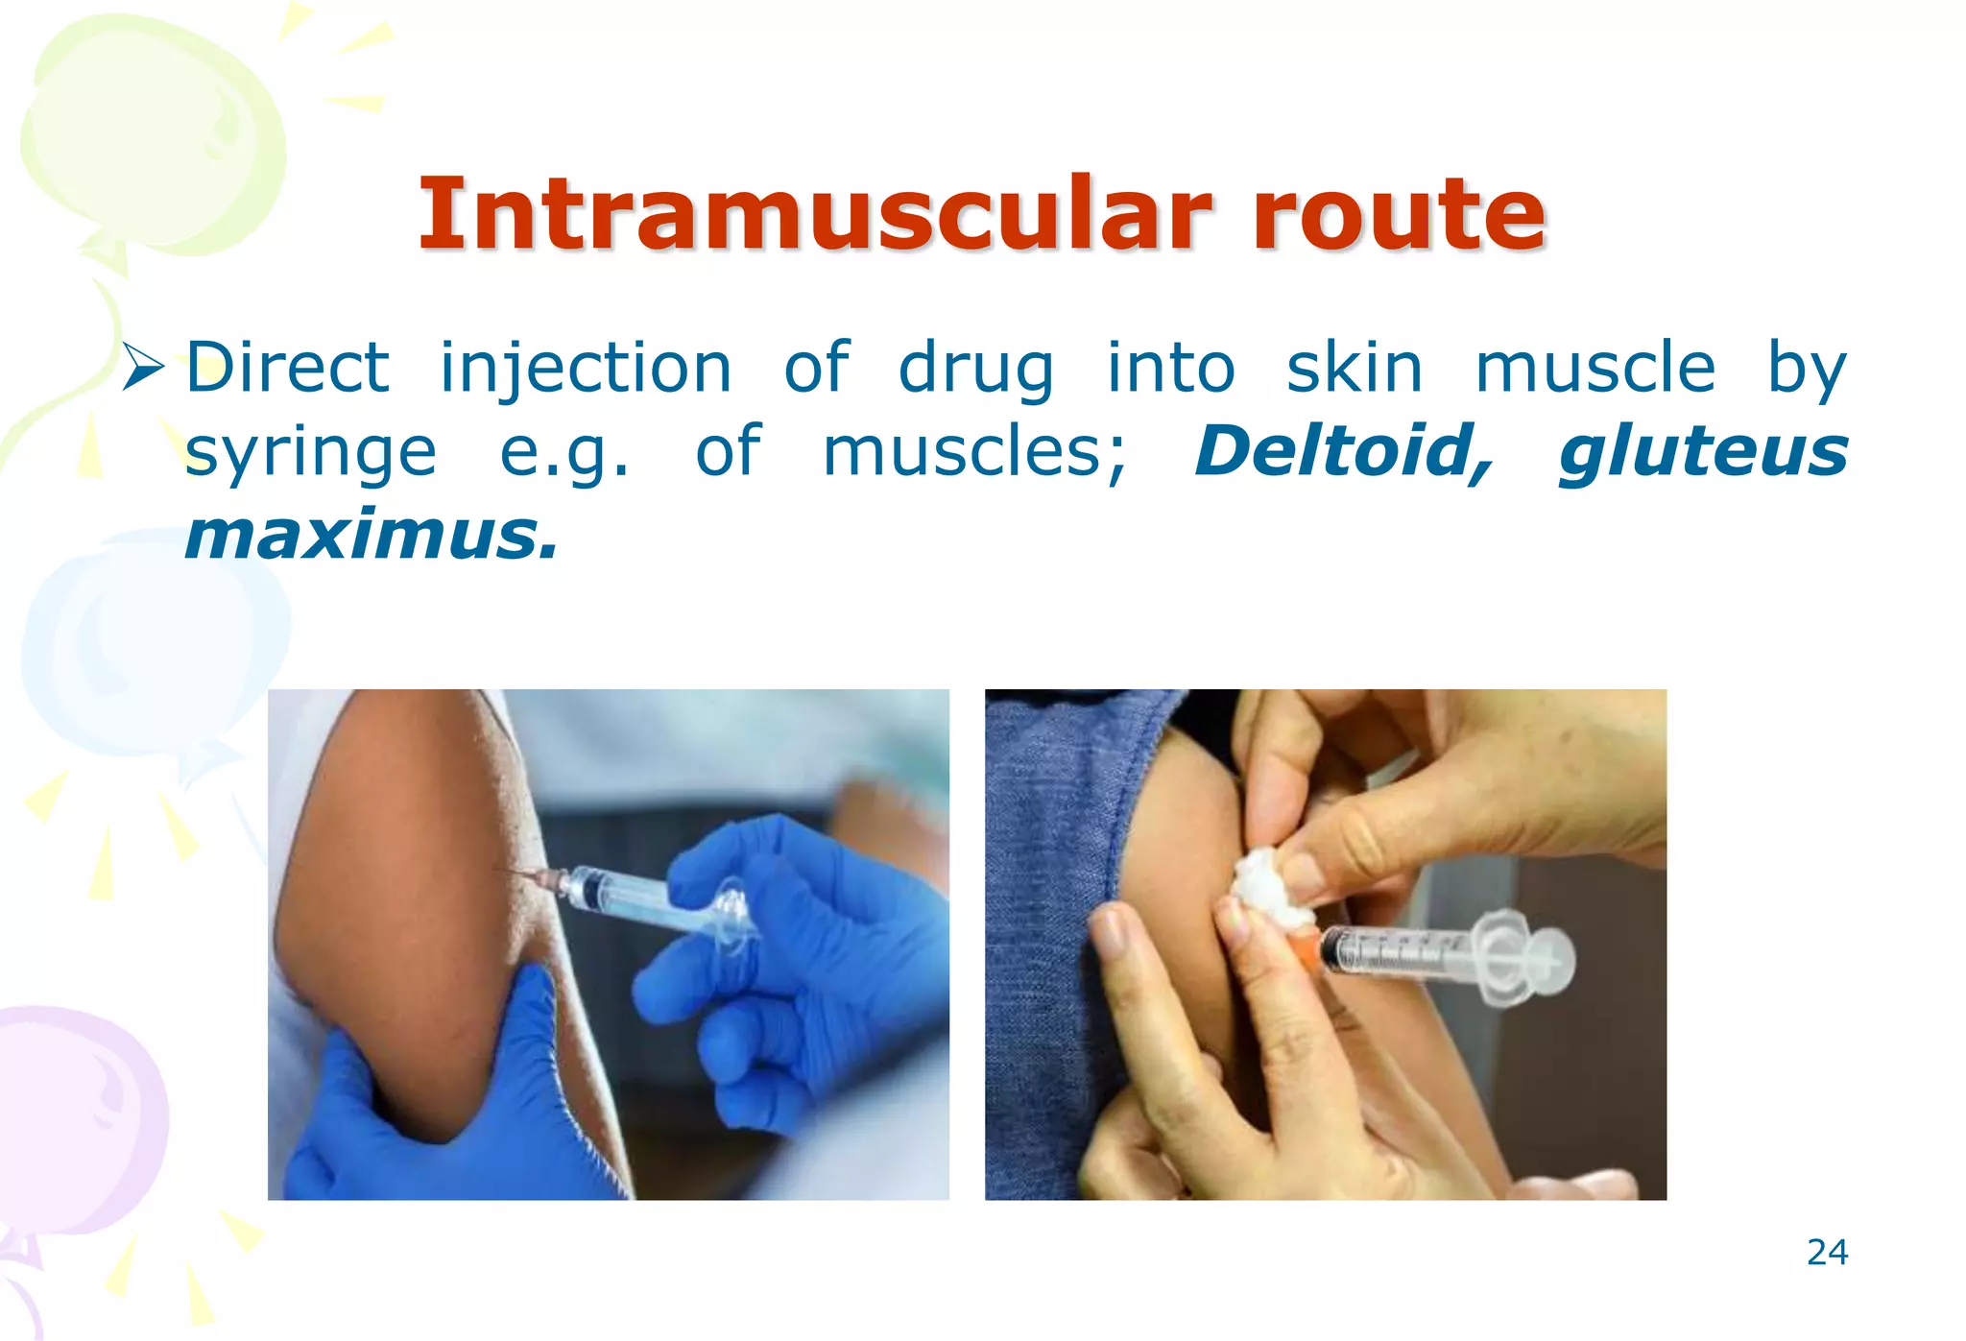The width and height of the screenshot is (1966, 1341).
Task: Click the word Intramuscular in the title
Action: coord(814,214)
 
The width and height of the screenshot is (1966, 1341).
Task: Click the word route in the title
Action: coord(1399,214)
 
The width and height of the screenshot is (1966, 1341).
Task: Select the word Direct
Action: coord(287,368)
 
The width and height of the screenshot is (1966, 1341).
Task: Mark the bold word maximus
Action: coord(371,536)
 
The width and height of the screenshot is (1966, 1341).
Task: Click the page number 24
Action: coord(1827,1253)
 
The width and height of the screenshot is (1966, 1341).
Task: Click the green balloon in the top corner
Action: coord(154,134)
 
